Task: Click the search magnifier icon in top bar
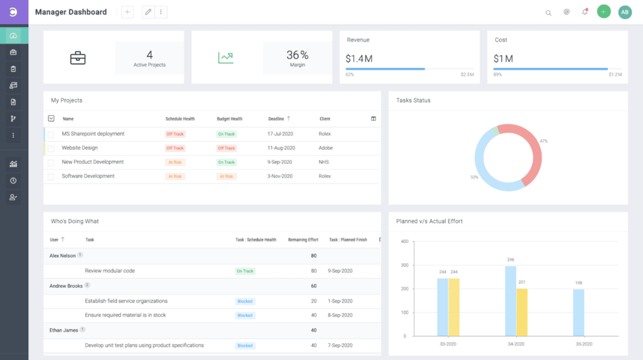548,12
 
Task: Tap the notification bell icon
585,12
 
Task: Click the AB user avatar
625,12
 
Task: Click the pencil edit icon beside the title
148,12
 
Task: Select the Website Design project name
79,148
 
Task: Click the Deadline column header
276,119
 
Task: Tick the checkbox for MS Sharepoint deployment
51,134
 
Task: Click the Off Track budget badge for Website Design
226,148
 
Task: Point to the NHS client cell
324,162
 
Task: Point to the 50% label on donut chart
474,177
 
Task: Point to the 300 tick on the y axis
405,265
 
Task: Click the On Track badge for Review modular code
245,271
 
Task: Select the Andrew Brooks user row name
65,286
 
